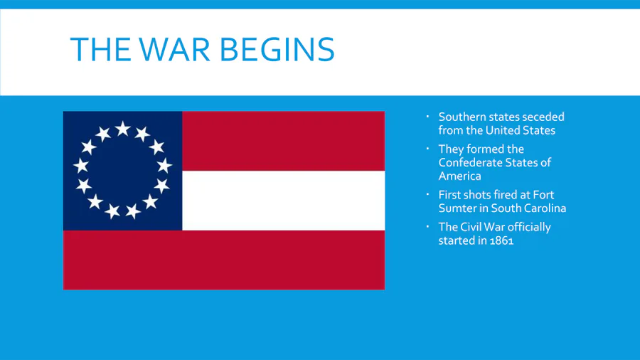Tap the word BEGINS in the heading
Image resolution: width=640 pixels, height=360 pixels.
277,49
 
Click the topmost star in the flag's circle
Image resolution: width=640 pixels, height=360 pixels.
122,129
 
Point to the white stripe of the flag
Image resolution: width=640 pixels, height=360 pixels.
283,201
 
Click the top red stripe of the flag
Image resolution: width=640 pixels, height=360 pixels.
283,141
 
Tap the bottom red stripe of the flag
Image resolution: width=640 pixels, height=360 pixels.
224,260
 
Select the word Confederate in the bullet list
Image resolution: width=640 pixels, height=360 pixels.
471,162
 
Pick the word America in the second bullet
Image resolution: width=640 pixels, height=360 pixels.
459,176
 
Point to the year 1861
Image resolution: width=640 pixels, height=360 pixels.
501,240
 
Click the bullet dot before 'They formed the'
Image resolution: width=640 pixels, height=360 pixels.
428,149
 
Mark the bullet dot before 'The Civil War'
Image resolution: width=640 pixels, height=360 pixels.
428,226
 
